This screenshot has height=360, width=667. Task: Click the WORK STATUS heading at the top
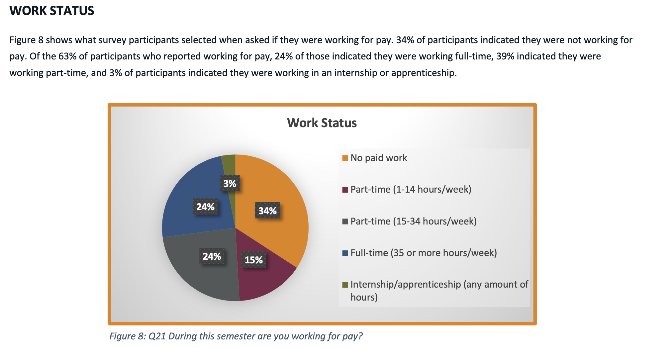(52, 11)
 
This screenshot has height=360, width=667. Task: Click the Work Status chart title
(322, 123)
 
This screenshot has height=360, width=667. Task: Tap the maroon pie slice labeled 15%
(263, 277)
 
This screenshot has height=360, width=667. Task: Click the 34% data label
(267, 211)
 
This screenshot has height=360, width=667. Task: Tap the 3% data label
(230, 183)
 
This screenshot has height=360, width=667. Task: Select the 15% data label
(254, 260)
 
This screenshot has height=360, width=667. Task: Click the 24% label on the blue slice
(205, 207)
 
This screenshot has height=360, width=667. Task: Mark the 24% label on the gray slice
(212, 256)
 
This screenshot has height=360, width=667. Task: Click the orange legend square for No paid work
(345, 158)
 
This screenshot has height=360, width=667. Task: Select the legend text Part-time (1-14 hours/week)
(411, 190)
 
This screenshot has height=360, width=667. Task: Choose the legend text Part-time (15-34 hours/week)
(413, 221)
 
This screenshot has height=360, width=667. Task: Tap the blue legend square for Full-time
(345, 253)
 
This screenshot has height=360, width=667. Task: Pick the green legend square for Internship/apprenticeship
(345, 285)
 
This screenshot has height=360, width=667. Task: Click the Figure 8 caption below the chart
(236, 336)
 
